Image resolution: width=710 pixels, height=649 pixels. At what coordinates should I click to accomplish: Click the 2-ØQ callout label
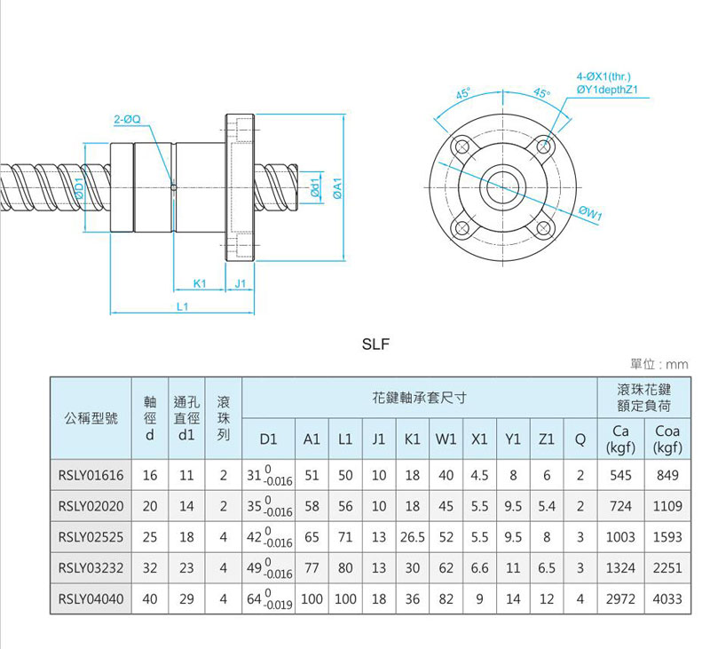[129, 118]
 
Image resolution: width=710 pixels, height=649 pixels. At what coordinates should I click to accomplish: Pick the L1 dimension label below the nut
[183, 306]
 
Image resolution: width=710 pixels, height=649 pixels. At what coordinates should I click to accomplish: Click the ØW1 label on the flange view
[590, 212]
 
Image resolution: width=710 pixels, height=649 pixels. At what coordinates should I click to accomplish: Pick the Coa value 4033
[667, 599]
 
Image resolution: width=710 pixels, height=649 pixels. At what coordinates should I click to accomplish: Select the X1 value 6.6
[479, 568]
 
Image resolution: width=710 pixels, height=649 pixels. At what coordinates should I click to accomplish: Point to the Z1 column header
[547, 439]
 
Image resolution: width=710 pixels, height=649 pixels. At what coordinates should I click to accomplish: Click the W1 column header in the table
[446, 439]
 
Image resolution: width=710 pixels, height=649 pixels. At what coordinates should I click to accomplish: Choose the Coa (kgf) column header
[667, 439]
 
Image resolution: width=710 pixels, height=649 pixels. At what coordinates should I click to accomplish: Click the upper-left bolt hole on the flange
[461, 146]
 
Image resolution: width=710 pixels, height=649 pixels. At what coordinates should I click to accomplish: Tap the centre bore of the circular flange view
[502, 187]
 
